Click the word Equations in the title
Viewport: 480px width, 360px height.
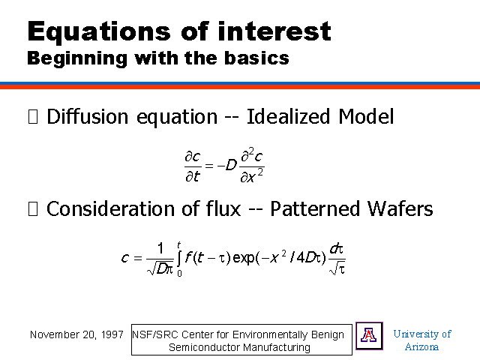click(x=99, y=31)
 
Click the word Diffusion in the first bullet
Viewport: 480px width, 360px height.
click(x=88, y=116)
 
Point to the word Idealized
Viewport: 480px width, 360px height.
click(x=288, y=116)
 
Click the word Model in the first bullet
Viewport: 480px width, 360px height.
click(x=366, y=116)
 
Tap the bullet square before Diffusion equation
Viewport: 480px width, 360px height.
click(x=33, y=117)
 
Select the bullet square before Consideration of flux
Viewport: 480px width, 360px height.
click(x=33, y=208)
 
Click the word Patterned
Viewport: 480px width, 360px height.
click(x=315, y=208)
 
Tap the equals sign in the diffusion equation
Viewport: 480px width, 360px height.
click(x=208, y=166)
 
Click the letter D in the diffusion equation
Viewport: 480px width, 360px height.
click(x=231, y=165)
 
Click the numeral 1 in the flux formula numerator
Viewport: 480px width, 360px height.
click(x=160, y=248)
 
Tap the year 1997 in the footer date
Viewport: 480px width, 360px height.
click(x=112, y=334)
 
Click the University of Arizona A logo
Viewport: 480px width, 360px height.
click(x=369, y=335)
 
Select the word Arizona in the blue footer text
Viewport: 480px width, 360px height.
click(x=421, y=346)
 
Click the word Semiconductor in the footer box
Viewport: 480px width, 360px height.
click(x=205, y=347)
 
